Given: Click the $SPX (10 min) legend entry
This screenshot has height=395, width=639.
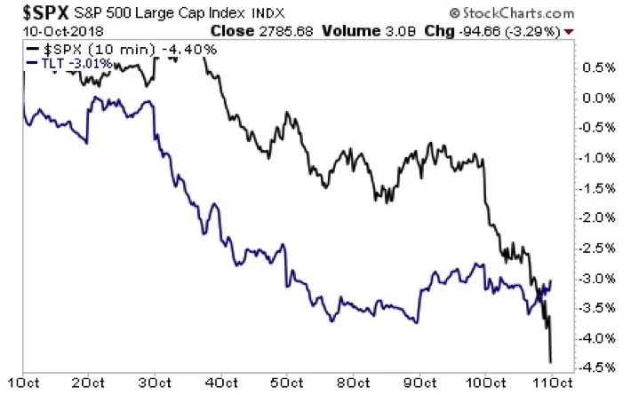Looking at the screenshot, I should click(119, 49).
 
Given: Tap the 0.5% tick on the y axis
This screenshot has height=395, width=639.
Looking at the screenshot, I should click(601, 67).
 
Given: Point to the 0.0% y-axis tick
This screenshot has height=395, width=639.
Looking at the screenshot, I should click(601, 98).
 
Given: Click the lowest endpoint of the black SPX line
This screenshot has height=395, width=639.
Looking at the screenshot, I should click(551, 361).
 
